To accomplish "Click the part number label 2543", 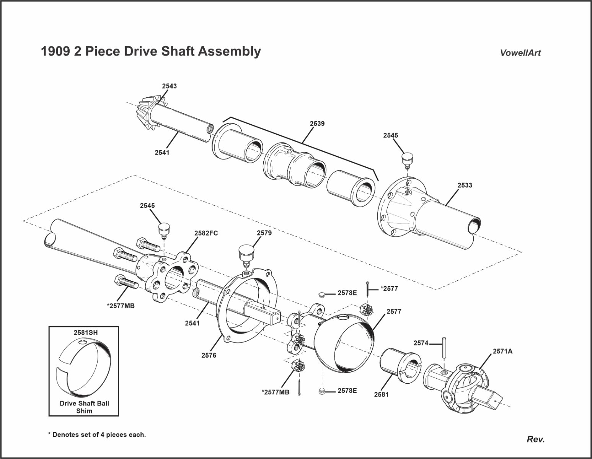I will coord(169,86).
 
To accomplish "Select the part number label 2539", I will coord(317,124).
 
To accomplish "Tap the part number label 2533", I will coord(465,186).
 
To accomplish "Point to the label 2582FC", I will coord(206,233).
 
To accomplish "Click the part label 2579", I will coord(264,233).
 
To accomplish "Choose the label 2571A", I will coord(502,351).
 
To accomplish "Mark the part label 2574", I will coord(421,343).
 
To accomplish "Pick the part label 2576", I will coord(209,355).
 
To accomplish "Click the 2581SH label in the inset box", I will coord(85,333).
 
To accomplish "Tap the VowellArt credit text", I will coord(520,53).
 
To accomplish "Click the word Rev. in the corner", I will coord(535,439).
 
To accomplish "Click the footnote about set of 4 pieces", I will coord(96,435).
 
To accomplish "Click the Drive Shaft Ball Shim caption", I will coord(84,407).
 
